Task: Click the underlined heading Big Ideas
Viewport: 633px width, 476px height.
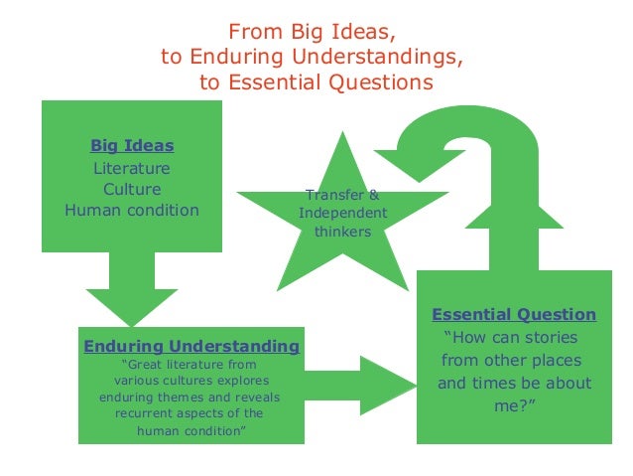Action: pyautogui.click(x=132, y=146)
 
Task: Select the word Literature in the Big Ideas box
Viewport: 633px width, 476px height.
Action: pyautogui.click(x=132, y=168)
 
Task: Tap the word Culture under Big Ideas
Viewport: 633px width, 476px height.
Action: pyautogui.click(x=132, y=189)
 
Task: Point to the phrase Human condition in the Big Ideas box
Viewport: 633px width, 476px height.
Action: pyautogui.click(x=132, y=210)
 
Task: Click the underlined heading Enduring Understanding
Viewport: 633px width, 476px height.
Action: pyautogui.click(x=191, y=346)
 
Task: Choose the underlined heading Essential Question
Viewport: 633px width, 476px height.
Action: pyautogui.click(x=514, y=315)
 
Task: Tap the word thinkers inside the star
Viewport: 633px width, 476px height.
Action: pyautogui.click(x=342, y=232)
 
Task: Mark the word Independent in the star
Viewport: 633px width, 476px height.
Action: pyautogui.click(x=342, y=214)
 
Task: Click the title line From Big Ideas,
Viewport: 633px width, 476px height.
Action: pyautogui.click(x=317, y=31)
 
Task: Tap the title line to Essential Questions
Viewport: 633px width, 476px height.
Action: pyautogui.click(x=317, y=82)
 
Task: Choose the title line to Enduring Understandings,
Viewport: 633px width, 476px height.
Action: pyautogui.click(x=312, y=57)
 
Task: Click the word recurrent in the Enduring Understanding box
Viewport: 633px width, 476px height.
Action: pyautogui.click(x=150, y=413)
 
